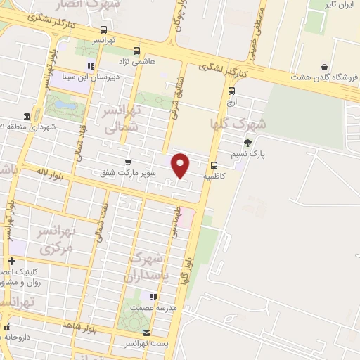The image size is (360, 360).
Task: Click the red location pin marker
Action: pyautogui.click(x=181, y=165)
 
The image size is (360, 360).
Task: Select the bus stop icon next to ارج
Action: pyautogui.click(x=232, y=90)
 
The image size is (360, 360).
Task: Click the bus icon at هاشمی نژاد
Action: pyautogui.click(x=136, y=51)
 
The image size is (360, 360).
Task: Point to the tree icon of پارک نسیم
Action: pyautogui.click(x=247, y=143)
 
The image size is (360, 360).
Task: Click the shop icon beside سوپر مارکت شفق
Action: pyautogui.click(x=127, y=161)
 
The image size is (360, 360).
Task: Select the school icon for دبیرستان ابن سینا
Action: pyautogui.click(x=90, y=66)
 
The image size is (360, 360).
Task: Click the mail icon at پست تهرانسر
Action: pyautogui.click(x=146, y=333)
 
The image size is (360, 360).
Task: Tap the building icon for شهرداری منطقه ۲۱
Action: pyautogui.click(x=27, y=115)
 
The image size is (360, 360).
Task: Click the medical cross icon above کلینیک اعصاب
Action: pyautogui.click(x=11, y=261)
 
